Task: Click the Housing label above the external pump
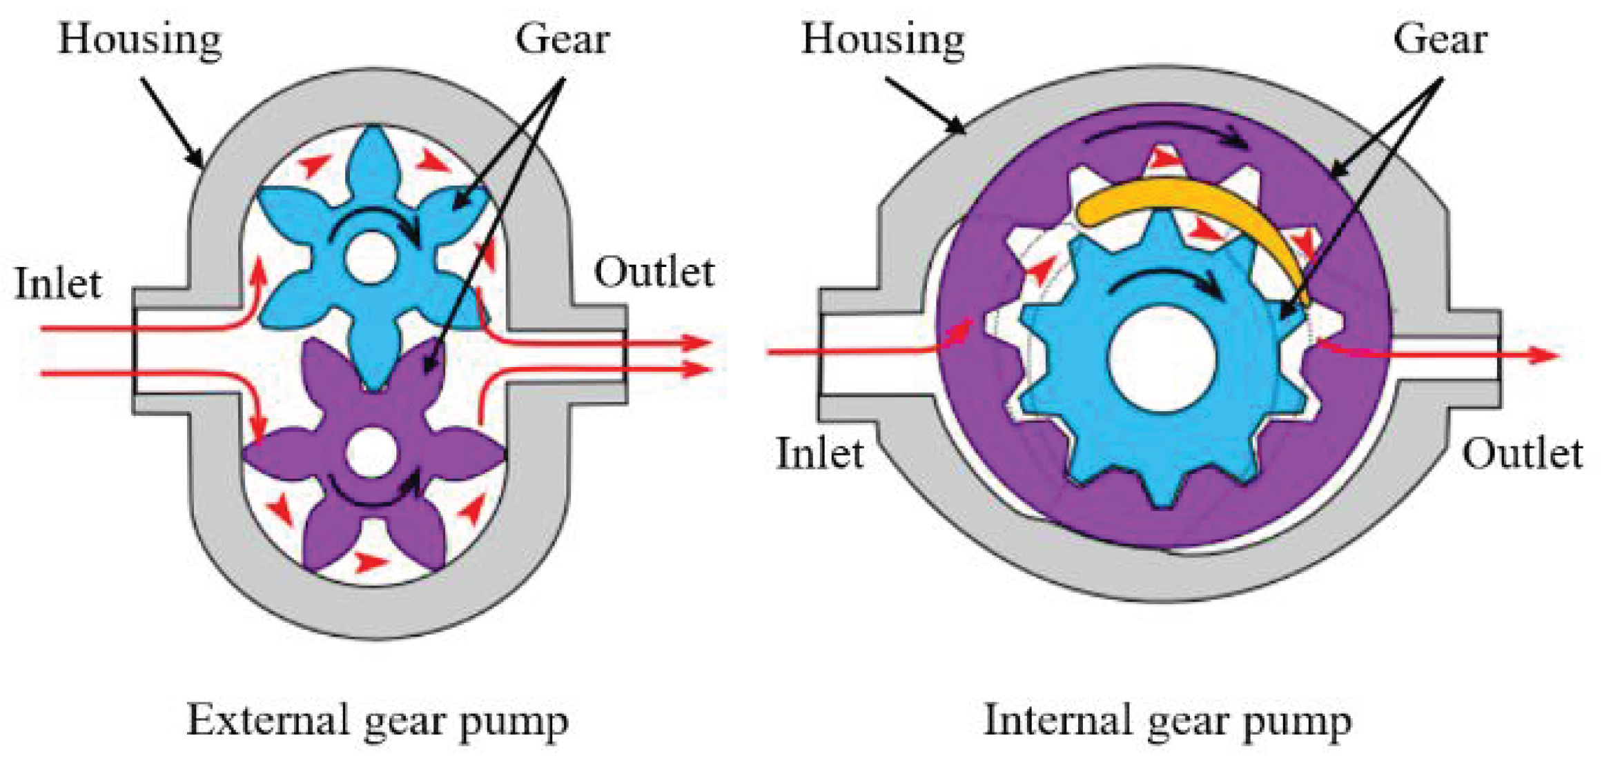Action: point(140,40)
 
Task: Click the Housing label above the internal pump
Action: point(883,40)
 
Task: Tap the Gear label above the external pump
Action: point(562,39)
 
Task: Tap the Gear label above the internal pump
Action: point(1440,39)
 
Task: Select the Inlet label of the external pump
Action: point(58,283)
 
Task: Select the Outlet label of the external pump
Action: point(654,272)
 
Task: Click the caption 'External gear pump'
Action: point(378,721)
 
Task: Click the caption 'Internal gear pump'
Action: point(1167,721)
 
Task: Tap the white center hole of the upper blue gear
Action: point(372,257)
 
